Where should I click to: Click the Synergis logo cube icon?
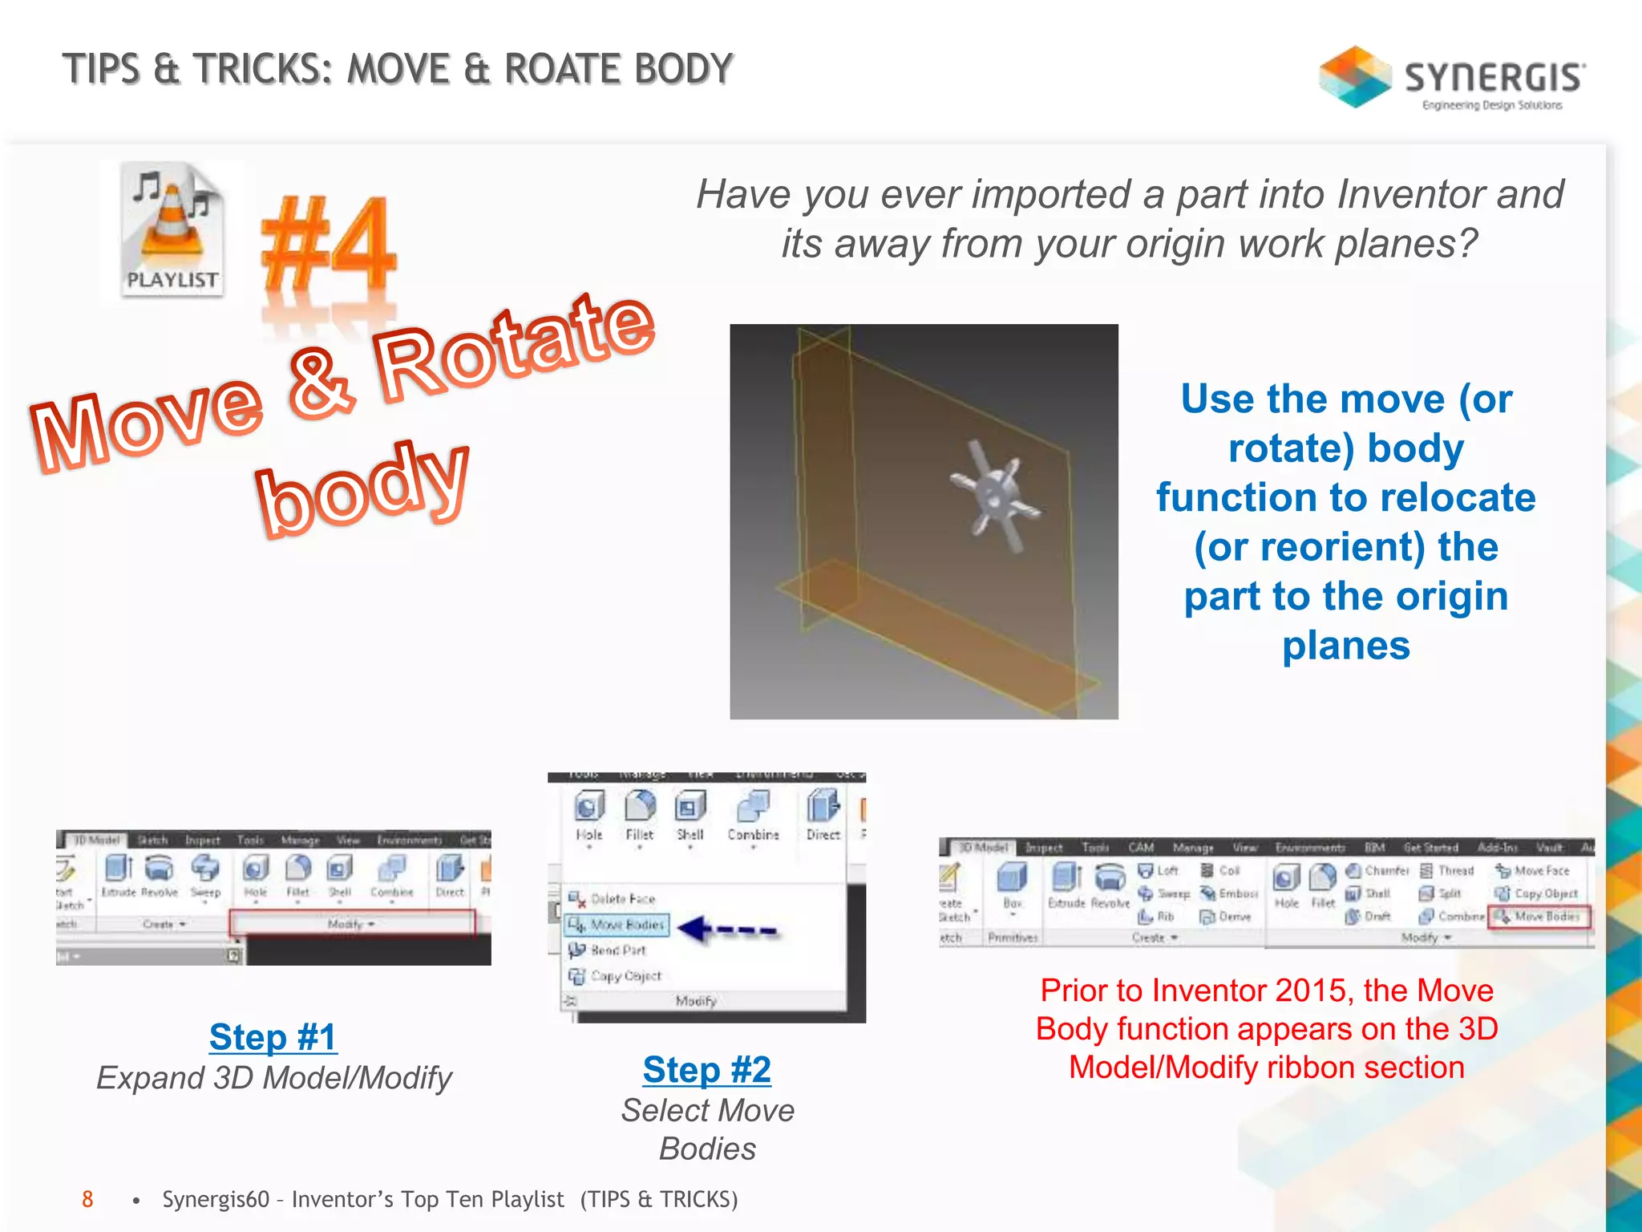pyautogui.click(x=1354, y=77)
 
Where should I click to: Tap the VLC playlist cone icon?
pyautogui.click(x=172, y=228)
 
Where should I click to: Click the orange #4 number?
pyautogui.click(x=329, y=244)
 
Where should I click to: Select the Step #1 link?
pyautogui.click(x=273, y=1036)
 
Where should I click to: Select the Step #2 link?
pyautogui.click(x=706, y=1069)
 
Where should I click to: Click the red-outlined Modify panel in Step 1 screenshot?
pyautogui.click(x=352, y=924)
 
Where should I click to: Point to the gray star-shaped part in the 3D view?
pyautogui.click(x=995, y=497)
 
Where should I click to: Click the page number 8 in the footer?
pyautogui.click(x=87, y=1199)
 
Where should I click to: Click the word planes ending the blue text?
pyautogui.click(x=1345, y=646)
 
